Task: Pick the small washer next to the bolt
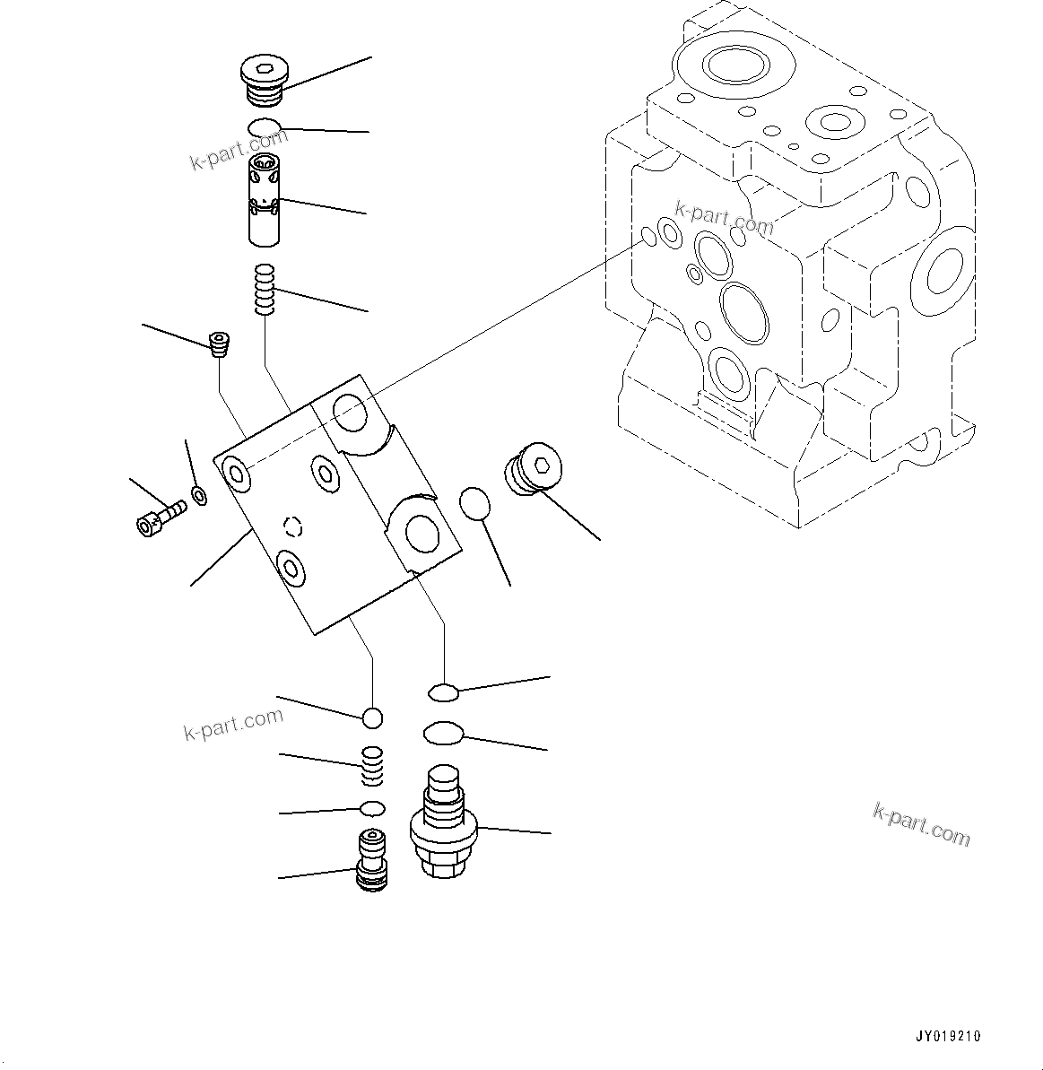pos(199,494)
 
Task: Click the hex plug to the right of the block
pos(532,469)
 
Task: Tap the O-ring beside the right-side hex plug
pos(475,504)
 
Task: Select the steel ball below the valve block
pos(372,718)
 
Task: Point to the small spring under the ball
pos(372,764)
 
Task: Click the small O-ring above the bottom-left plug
pos(371,809)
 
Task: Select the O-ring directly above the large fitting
pos(442,735)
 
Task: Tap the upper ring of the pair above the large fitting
pos(443,692)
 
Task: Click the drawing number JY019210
pos(948,1036)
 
